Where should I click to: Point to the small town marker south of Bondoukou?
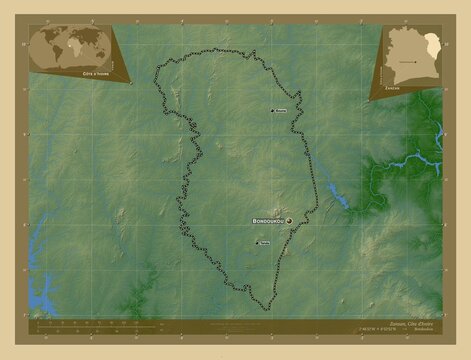(257, 243)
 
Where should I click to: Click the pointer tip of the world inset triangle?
(134, 85)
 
